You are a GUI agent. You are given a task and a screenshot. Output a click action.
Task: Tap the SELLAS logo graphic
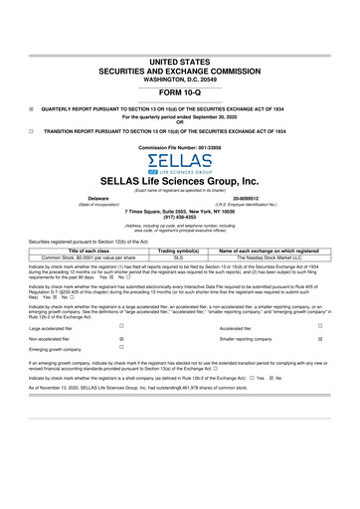[179, 163]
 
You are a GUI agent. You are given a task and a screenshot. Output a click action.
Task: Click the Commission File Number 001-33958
[179, 147]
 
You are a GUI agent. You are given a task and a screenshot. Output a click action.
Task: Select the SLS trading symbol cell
[180, 256]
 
